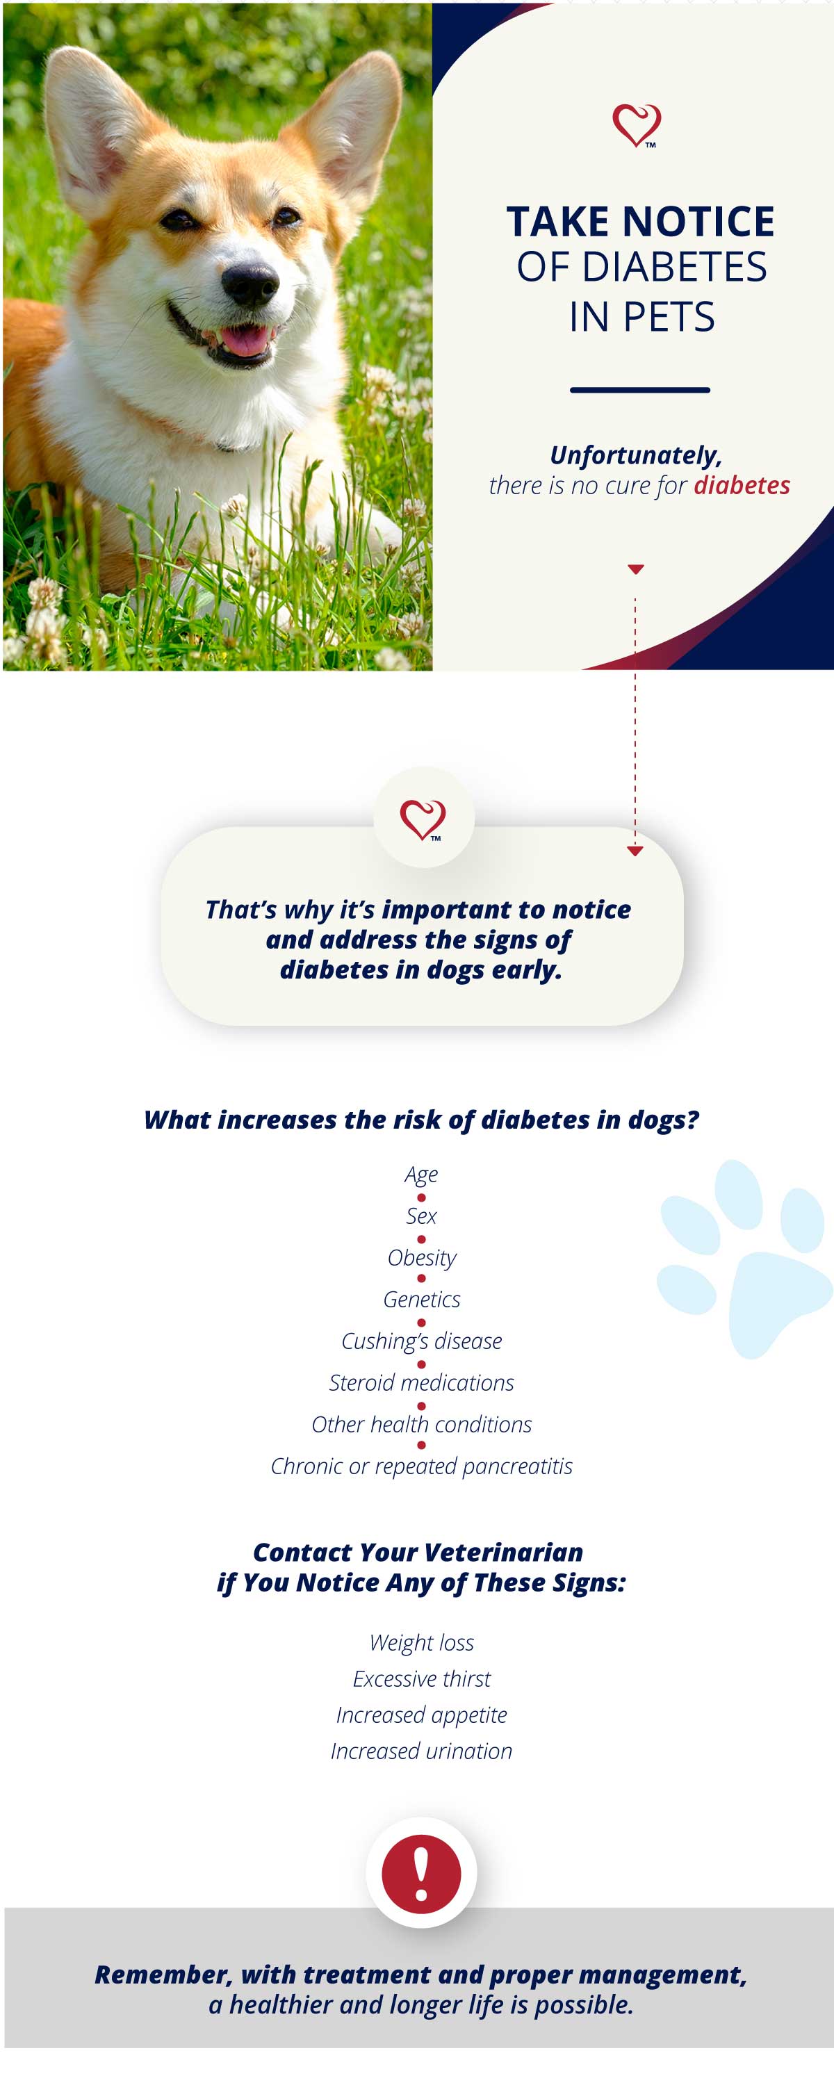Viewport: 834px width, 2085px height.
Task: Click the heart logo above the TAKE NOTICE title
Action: [x=637, y=126]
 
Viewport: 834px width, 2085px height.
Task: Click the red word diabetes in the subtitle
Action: [x=742, y=485]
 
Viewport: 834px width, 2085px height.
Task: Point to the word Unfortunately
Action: [x=636, y=456]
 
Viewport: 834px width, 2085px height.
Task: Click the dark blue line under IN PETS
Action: [x=639, y=390]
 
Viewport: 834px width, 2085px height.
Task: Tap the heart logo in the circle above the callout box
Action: [x=423, y=820]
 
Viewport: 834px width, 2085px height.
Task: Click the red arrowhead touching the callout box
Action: [x=635, y=851]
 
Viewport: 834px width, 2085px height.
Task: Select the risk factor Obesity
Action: [x=422, y=1258]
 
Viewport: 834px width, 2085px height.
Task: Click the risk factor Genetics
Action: [x=422, y=1299]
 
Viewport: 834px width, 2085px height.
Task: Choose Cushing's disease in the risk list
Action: [x=422, y=1341]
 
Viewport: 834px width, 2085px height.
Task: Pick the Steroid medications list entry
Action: [x=422, y=1382]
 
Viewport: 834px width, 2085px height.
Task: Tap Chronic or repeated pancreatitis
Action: [x=422, y=1466]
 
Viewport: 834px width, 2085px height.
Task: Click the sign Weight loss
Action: [x=422, y=1642]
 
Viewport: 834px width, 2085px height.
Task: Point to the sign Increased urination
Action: [x=422, y=1751]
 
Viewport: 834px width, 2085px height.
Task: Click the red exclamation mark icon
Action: [x=421, y=1874]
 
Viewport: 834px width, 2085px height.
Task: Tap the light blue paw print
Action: [x=744, y=1259]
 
